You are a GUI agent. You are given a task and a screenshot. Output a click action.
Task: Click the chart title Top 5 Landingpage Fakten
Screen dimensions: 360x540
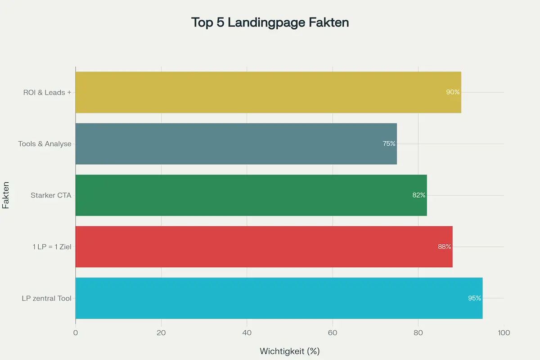pos(270,22)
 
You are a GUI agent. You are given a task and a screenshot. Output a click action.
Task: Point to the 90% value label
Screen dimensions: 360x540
pos(453,92)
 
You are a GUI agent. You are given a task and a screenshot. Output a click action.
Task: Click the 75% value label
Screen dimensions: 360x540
pos(389,144)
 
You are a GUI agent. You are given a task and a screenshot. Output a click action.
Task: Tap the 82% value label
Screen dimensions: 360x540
pos(418,195)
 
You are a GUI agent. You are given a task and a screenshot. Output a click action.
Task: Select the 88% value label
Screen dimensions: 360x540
pos(444,247)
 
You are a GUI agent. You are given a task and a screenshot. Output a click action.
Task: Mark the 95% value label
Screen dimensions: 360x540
pos(474,298)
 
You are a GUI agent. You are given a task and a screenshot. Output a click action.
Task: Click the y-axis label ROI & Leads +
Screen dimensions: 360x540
pos(47,93)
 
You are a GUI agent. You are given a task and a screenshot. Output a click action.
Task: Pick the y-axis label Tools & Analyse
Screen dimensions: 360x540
pos(45,144)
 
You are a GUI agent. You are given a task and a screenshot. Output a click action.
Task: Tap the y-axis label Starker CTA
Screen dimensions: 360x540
pos(51,195)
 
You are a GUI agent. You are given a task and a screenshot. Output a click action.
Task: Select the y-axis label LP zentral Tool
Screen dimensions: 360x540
pos(46,298)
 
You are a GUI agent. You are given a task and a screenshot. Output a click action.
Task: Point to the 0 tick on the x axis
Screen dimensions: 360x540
pos(76,333)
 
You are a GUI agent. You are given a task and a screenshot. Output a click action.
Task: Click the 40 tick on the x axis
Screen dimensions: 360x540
pos(247,333)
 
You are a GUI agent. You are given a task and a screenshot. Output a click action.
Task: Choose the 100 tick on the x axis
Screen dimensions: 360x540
pos(504,333)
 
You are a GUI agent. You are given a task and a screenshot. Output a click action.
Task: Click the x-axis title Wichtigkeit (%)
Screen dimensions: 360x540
pos(290,351)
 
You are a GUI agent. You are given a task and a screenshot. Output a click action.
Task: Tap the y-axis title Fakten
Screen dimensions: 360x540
pos(6,195)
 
